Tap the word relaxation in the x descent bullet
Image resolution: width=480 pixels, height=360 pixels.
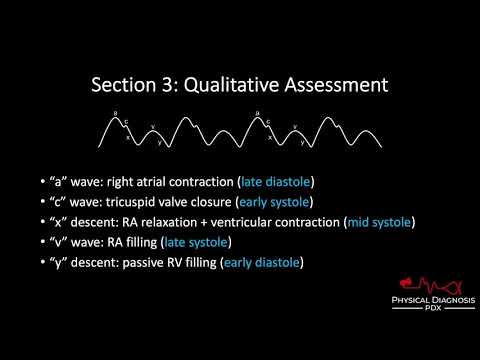(x=165, y=221)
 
